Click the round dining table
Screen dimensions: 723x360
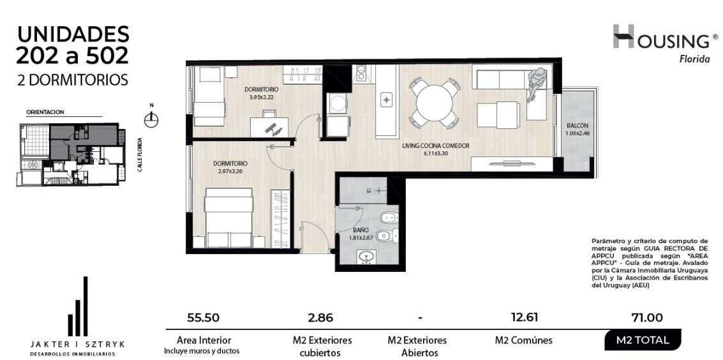pos(435,103)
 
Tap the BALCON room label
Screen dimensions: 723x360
pos(578,125)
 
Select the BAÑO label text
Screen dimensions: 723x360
pos(360,230)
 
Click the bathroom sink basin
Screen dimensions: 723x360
pos(366,257)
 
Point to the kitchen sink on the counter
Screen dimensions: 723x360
pos(386,99)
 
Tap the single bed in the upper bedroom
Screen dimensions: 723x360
pos(209,96)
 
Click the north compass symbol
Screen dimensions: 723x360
pos(151,119)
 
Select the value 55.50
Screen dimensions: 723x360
pos(203,318)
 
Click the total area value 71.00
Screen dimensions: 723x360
pos(647,318)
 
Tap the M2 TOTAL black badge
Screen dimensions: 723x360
pos(643,340)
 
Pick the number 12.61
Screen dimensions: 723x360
pos(524,317)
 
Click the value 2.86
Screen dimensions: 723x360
pos(320,318)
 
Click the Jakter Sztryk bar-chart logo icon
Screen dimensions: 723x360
pos(78,306)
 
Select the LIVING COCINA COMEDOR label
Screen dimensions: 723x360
pos(436,146)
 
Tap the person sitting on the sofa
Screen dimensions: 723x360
pos(536,83)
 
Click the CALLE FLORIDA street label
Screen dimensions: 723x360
pos(139,154)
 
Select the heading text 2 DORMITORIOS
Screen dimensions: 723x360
pos(72,80)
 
